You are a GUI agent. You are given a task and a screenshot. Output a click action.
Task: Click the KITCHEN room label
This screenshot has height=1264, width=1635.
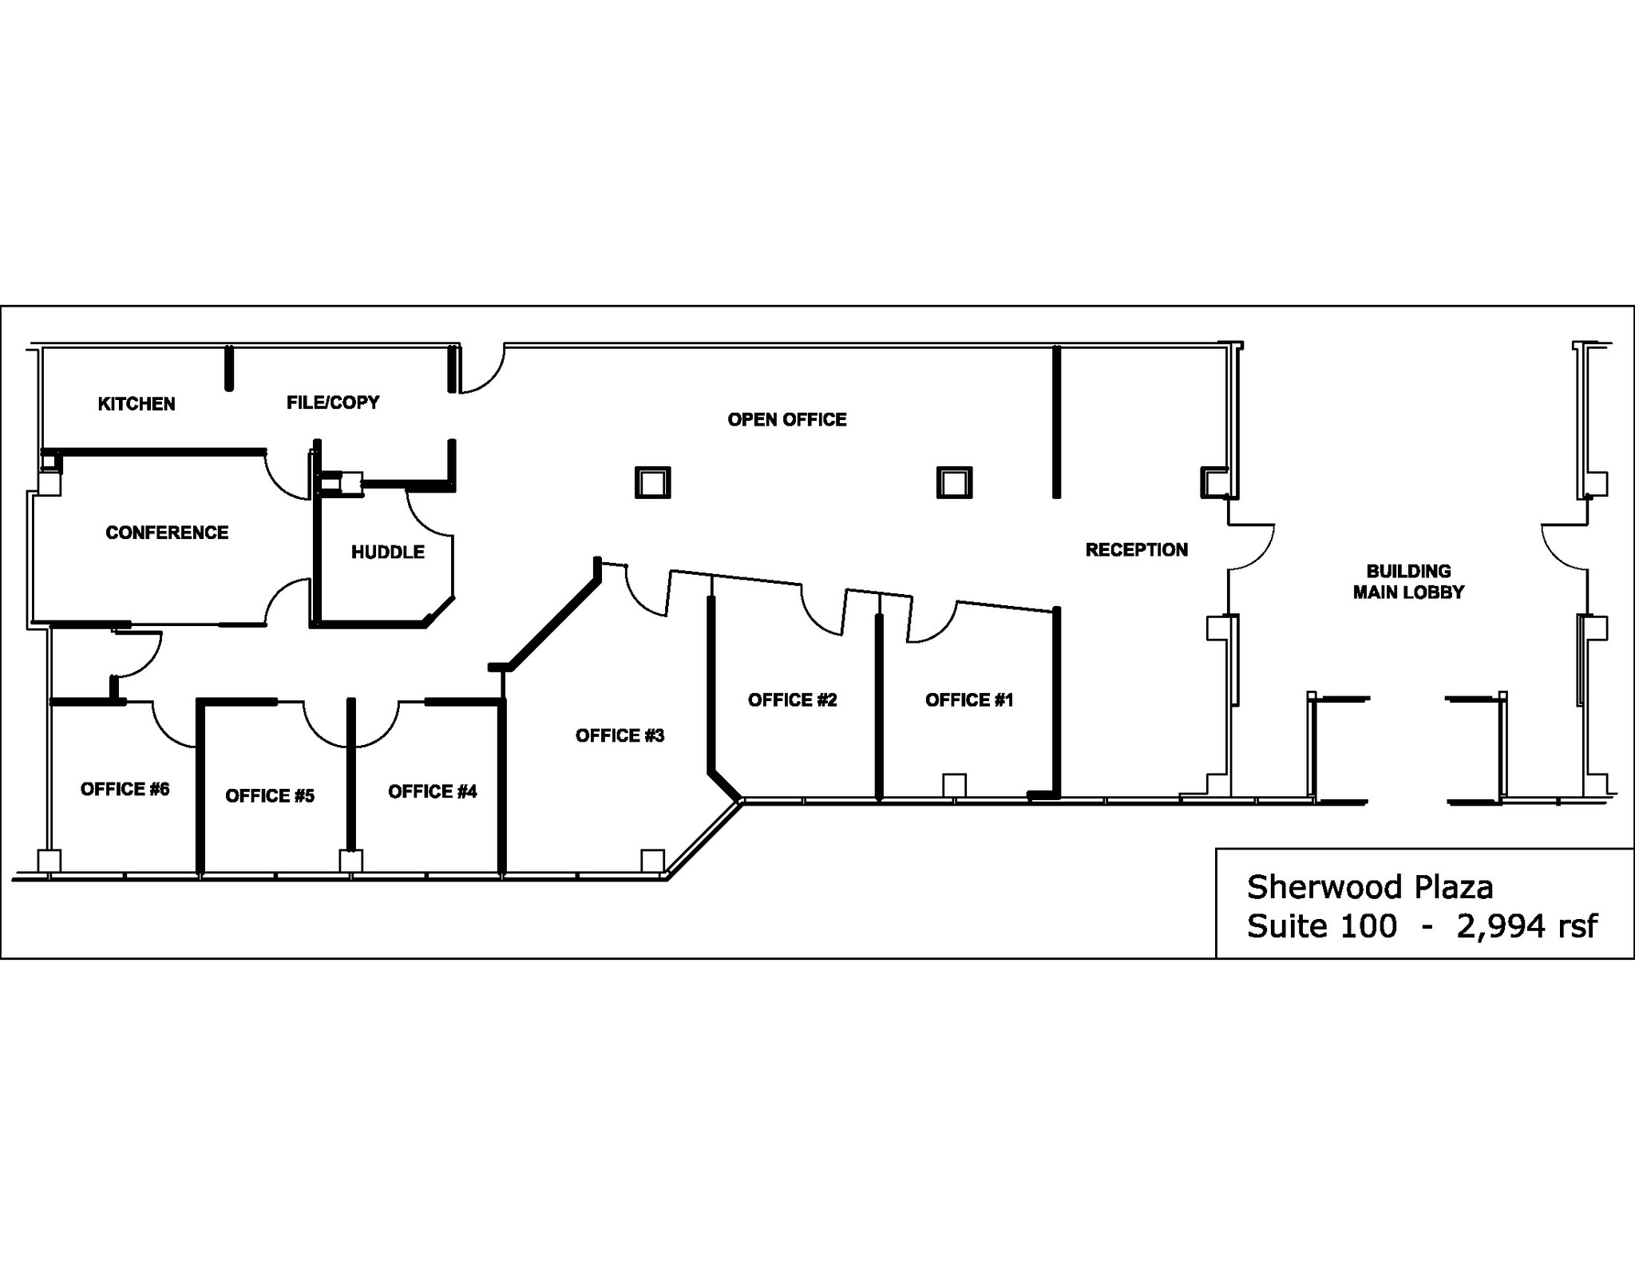(x=137, y=404)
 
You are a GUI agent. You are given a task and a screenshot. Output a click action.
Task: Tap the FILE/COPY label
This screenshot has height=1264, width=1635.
(x=333, y=402)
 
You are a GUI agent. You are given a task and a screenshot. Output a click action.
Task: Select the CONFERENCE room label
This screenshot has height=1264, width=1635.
(x=167, y=533)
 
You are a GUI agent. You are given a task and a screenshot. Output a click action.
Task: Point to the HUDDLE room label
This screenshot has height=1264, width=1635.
(x=388, y=552)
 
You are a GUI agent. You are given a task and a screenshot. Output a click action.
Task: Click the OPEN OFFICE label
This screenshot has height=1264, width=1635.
(x=786, y=420)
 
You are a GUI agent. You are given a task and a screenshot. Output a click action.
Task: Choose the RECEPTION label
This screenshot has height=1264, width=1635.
(x=1136, y=549)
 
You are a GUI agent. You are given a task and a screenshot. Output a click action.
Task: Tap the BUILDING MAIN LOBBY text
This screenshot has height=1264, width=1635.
(x=1408, y=581)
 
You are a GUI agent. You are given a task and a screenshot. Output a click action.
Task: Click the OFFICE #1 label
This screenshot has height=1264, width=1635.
(x=969, y=700)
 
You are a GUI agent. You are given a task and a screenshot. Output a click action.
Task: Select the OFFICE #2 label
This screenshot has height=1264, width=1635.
(x=792, y=700)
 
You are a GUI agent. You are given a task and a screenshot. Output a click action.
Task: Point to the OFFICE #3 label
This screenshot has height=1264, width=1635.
(x=620, y=735)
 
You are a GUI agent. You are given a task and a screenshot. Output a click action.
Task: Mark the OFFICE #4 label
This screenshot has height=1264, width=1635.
(x=432, y=791)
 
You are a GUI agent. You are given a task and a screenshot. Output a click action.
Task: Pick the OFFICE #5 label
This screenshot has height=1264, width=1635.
(x=270, y=796)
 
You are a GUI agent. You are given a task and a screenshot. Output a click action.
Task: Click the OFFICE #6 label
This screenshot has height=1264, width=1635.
(x=125, y=789)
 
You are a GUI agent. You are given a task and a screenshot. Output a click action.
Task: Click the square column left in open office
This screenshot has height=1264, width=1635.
(x=652, y=483)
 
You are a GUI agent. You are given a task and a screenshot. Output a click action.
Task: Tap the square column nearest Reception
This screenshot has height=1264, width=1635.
(x=954, y=483)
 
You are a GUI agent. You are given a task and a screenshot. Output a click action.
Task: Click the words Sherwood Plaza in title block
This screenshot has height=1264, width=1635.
(x=1369, y=887)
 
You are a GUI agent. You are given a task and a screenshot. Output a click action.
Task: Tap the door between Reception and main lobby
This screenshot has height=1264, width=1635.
(x=1250, y=547)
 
